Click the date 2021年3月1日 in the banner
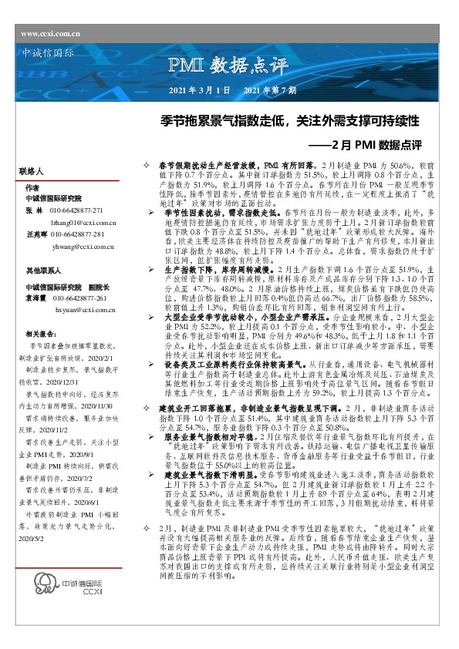click(x=199, y=91)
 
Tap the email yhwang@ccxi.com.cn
click(x=83, y=246)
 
